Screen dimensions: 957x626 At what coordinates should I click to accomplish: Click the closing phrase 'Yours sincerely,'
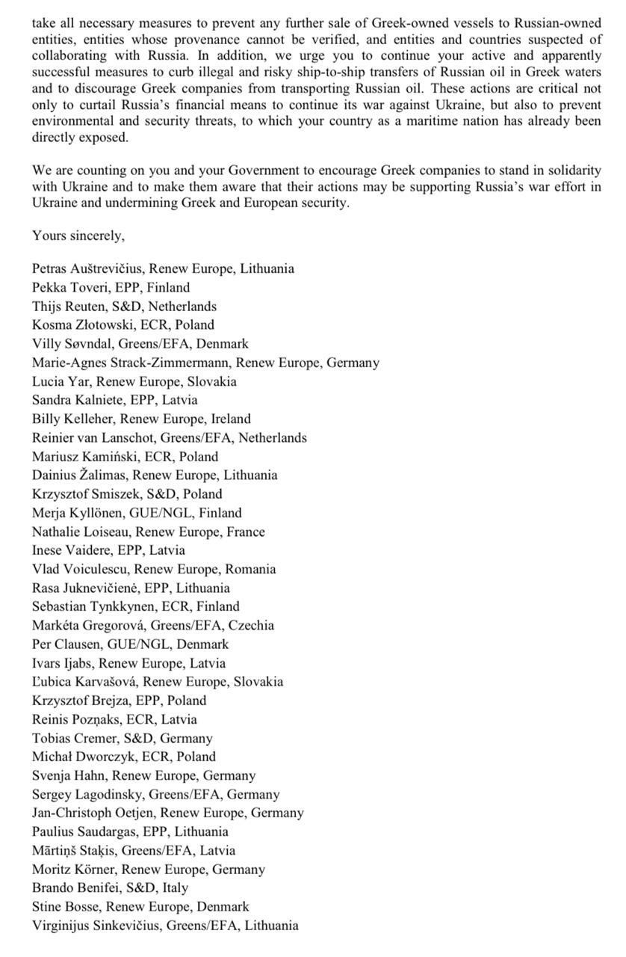[x=78, y=236]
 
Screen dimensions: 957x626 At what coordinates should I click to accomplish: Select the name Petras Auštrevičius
[x=89, y=268]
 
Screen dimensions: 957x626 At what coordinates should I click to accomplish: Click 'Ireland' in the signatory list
[x=230, y=419]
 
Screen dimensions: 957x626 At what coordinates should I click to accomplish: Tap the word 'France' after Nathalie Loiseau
[x=246, y=532]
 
